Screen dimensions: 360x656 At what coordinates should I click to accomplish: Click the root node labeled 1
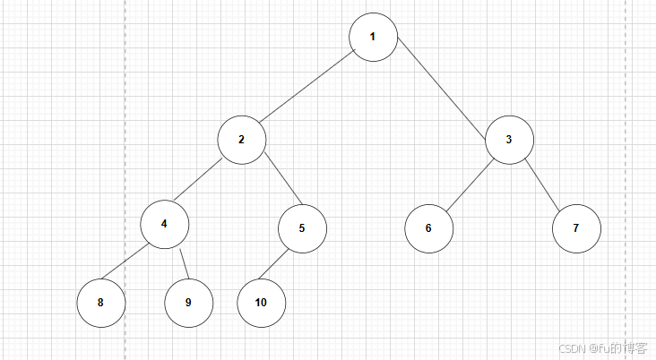373,38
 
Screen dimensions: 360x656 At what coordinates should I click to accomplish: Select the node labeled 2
242,140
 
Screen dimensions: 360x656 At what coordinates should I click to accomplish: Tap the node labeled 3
509,140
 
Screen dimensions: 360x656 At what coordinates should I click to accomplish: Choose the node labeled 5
302,227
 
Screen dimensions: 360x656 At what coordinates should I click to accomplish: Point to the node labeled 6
428,228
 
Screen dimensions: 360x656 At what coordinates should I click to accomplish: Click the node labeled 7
576,228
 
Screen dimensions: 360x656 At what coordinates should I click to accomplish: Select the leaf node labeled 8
100,303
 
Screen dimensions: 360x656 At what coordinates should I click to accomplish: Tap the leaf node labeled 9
188,303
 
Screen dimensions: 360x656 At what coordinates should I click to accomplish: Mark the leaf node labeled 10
261,303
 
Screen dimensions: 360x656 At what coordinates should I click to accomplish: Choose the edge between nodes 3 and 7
542,184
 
